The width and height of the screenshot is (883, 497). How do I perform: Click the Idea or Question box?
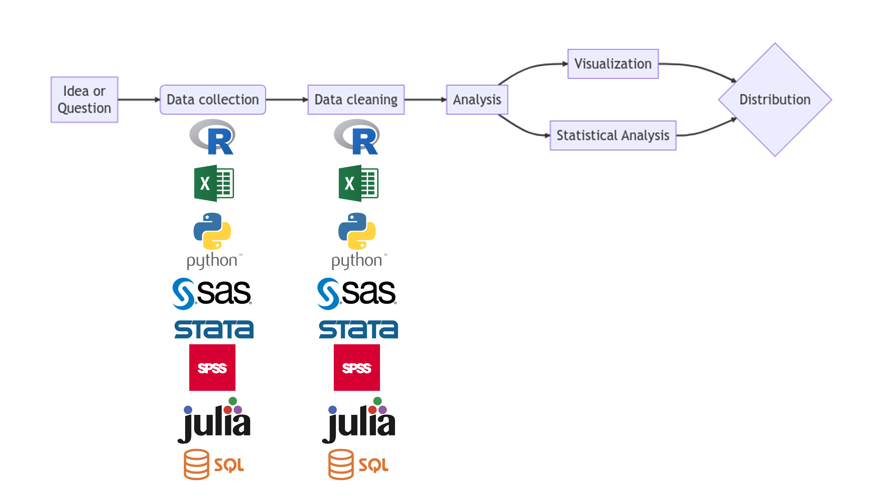84,100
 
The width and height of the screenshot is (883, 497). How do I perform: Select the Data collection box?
213,100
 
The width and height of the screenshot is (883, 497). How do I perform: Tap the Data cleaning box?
356,100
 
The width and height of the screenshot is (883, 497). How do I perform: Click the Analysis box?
477,100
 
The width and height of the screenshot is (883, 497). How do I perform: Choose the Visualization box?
613,64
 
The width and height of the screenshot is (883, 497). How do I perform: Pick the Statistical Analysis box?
613,135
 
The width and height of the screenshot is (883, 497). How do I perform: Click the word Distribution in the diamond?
775,100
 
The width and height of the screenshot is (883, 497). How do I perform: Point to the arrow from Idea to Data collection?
139,100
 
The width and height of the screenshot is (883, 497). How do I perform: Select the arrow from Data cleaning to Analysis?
425,100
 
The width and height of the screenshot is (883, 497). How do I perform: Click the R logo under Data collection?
213,137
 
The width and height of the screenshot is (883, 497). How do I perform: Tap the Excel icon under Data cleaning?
358,183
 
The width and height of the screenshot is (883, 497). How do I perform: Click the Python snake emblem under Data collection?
212,231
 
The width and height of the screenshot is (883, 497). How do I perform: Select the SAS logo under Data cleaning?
356,293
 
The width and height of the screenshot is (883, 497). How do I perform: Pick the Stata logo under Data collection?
214,329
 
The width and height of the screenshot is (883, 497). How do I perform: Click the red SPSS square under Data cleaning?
357,367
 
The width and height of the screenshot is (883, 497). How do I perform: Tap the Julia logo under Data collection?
215,421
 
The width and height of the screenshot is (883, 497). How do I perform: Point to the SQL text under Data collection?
229,465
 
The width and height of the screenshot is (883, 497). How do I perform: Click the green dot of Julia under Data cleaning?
377,401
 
